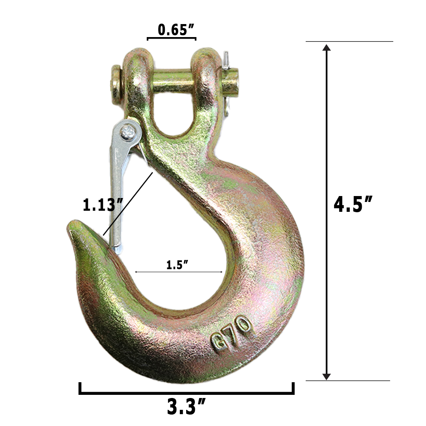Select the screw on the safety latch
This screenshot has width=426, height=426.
127,132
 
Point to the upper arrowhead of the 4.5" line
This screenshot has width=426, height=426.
326,49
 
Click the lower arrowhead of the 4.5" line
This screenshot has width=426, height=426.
326,376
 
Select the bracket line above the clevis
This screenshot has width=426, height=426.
172,39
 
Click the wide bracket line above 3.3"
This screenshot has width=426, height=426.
186,392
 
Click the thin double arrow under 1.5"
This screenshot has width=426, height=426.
179,272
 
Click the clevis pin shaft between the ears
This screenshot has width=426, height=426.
173,81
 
